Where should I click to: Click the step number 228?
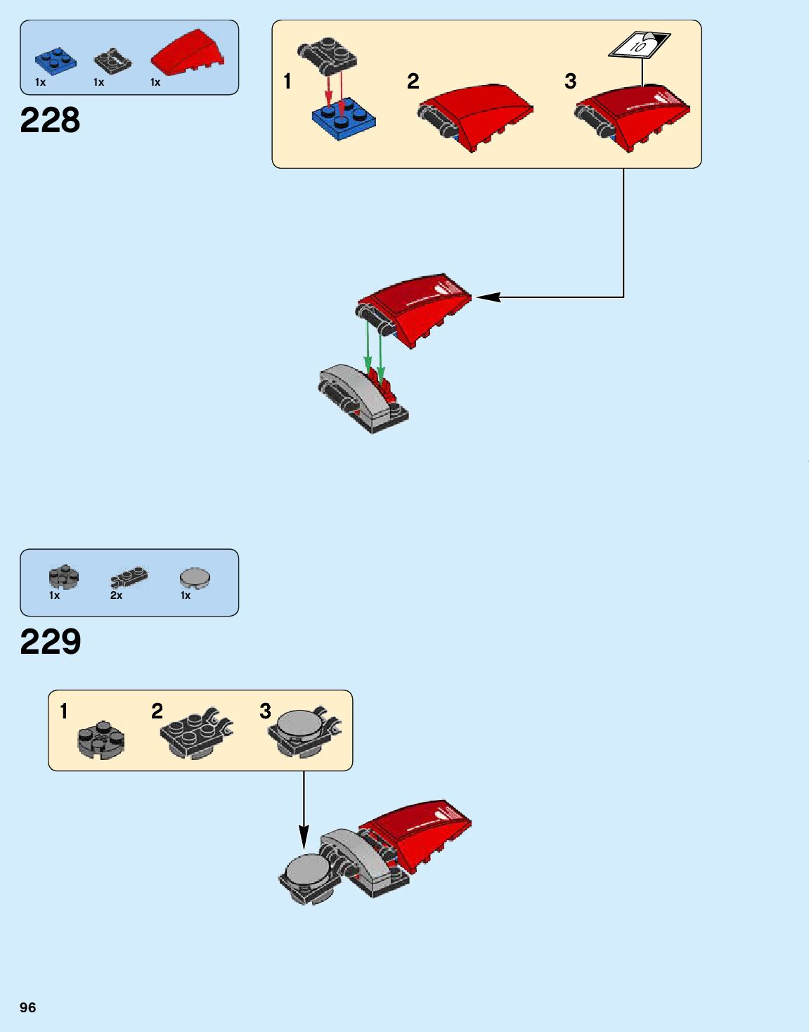click(x=50, y=120)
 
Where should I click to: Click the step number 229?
click(x=51, y=641)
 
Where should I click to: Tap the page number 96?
click(x=27, y=1007)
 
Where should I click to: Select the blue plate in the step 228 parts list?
click(x=56, y=60)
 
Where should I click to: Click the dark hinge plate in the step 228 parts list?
click(x=112, y=61)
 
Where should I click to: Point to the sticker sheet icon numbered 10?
click(x=639, y=46)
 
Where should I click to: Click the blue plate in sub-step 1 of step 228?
click(x=344, y=120)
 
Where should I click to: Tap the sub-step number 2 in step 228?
click(x=413, y=82)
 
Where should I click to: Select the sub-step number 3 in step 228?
click(x=571, y=82)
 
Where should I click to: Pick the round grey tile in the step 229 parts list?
click(x=195, y=578)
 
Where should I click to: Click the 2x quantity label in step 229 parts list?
click(x=116, y=595)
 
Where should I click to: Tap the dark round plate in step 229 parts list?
click(x=64, y=577)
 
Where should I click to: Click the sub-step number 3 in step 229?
click(x=265, y=711)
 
